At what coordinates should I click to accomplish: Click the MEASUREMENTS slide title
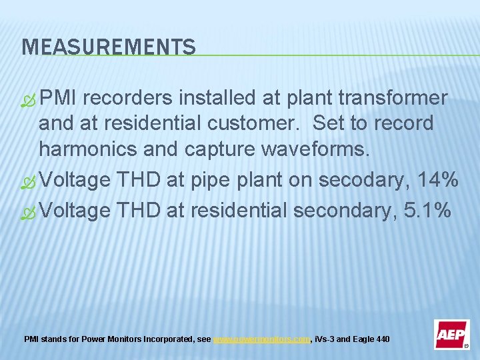pos(109,47)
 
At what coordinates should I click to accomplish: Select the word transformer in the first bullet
pos(393,99)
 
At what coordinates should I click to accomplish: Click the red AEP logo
pos(451,334)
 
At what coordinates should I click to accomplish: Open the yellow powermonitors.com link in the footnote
pos(261,339)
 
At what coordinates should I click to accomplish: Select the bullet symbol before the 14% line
pos(29,181)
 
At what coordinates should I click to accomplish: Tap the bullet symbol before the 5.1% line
pos(29,212)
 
